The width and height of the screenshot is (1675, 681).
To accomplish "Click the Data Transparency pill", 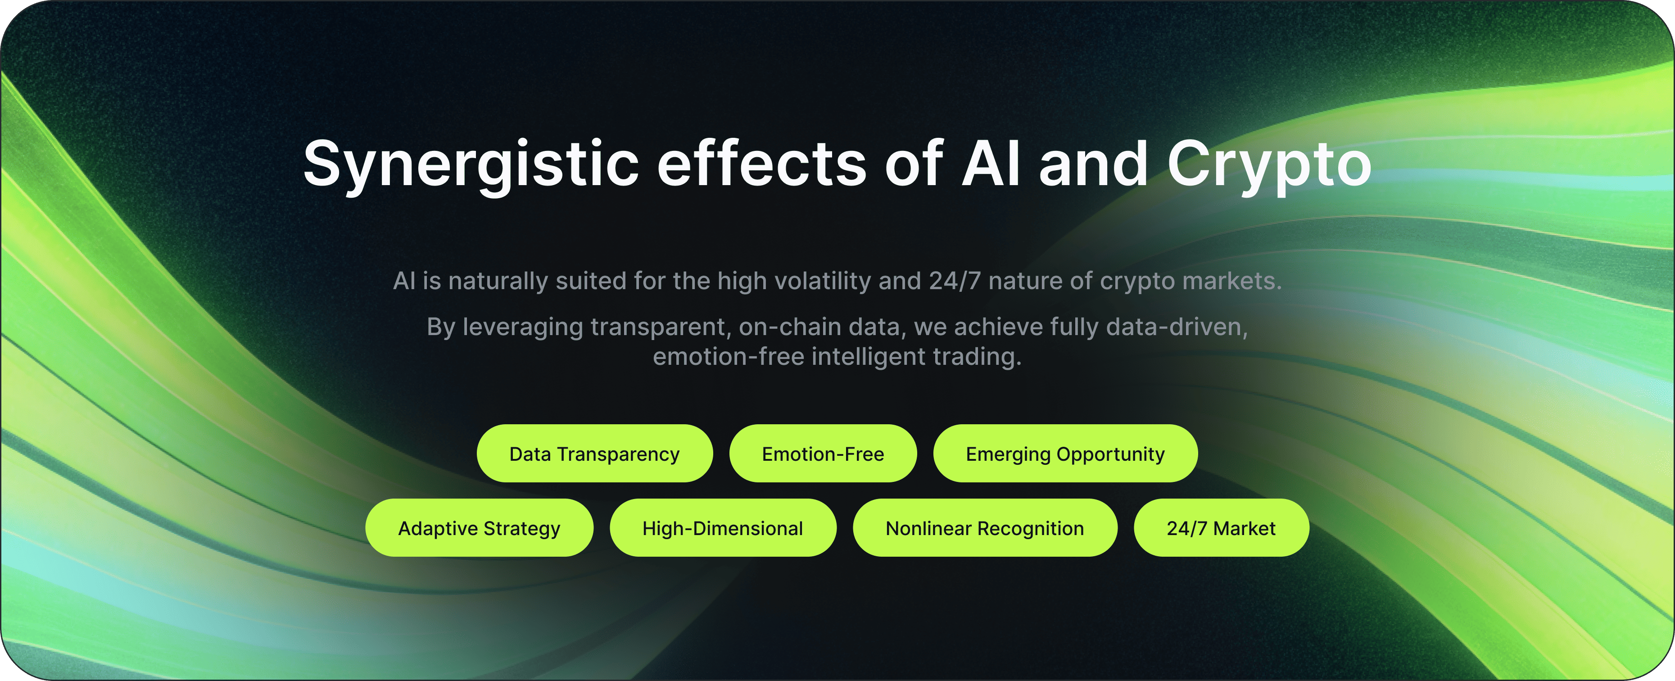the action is [594, 454].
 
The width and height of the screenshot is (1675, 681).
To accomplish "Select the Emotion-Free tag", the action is [823, 454].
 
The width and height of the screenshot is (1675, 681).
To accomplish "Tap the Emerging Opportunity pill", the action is [1065, 454].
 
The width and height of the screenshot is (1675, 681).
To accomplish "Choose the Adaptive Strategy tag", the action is [479, 527].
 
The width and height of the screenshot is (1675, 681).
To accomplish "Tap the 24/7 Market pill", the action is [1221, 527].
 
